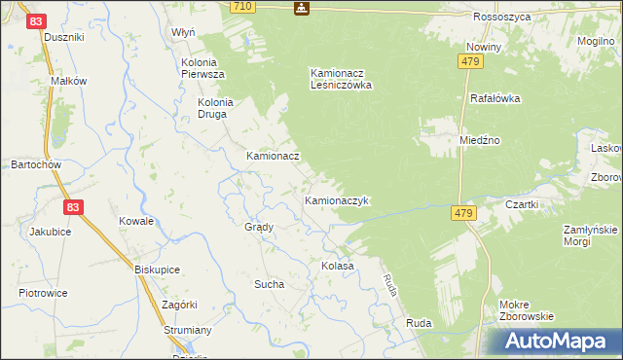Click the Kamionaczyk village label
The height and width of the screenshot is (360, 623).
pyautogui.click(x=335, y=201)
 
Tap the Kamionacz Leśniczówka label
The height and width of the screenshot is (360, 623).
pyautogui.click(x=342, y=78)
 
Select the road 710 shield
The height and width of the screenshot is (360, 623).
pyautogui.click(x=243, y=7)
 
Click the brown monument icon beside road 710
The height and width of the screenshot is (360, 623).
pyautogui.click(x=302, y=8)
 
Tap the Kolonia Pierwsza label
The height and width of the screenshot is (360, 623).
pyautogui.click(x=203, y=68)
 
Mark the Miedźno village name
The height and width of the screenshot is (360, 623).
pyautogui.click(x=480, y=140)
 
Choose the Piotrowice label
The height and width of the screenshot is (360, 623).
pyautogui.click(x=43, y=293)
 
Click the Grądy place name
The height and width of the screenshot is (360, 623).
pyautogui.click(x=259, y=227)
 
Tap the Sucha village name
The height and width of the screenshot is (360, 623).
pyautogui.click(x=269, y=285)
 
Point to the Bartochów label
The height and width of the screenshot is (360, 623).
pyautogui.click(x=36, y=164)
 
